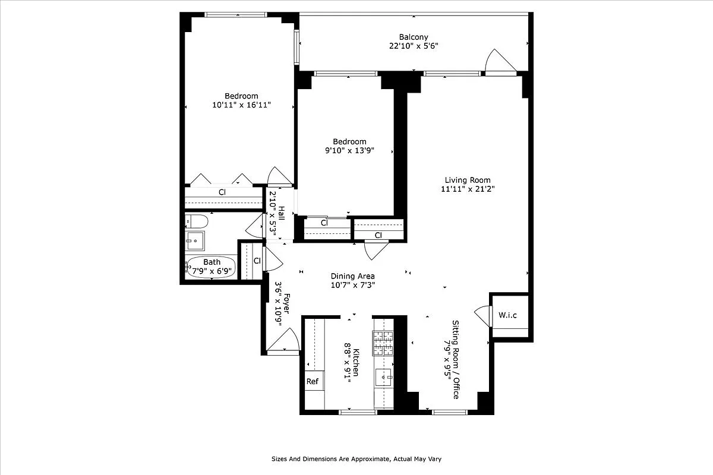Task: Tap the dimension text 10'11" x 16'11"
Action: click(x=241, y=105)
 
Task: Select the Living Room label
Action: click(x=468, y=180)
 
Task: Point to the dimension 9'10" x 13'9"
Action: click(x=349, y=151)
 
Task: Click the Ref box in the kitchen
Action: click(x=313, y=382)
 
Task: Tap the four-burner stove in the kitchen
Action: click(x=383, y=343)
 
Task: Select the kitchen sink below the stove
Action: click(x=383, y=376)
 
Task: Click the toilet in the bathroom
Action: click(x=196, y=221)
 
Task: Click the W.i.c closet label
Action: click(x=507, y=315)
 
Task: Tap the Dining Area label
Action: click(x=352, y=276)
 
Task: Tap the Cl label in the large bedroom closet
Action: click(x=222, y=192)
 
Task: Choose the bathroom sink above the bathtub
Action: click(x=194, y=240)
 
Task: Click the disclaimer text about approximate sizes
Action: click(x=356, y=459)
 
